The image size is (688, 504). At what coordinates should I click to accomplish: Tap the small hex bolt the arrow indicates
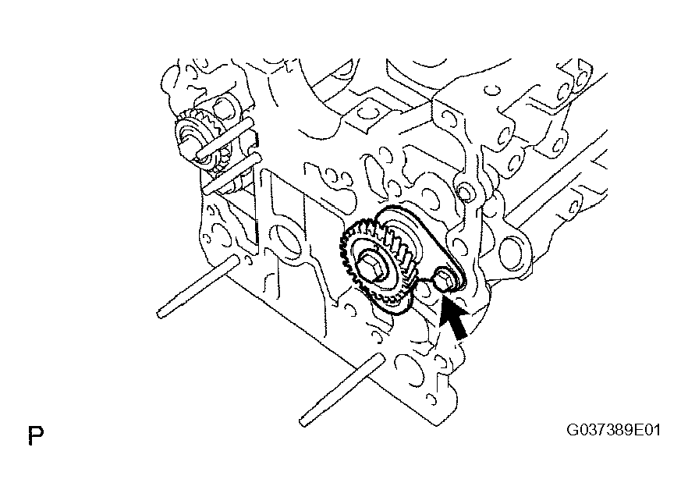pos(444,282)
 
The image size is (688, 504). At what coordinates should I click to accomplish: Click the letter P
pos(36,435)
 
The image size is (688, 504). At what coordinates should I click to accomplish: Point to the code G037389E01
pos(613,429)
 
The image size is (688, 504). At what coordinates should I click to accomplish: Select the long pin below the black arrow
pos(342,390)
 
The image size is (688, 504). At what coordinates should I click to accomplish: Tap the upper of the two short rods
pos(225,137)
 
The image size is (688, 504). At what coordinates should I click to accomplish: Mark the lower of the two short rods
pos(232,173)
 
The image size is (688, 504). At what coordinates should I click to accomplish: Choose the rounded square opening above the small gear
pos(222,108)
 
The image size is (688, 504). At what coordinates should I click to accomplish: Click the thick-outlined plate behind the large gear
pos(421,246)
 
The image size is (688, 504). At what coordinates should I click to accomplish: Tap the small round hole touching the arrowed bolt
pos(424,289)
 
